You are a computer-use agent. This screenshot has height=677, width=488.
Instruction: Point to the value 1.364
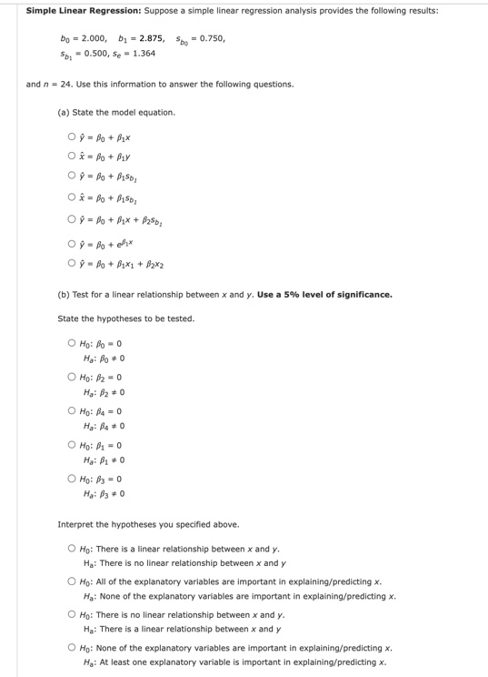[x=143, y=53]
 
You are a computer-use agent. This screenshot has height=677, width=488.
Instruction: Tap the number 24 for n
[x=66, y=84]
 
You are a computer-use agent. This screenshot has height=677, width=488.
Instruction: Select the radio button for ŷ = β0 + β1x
[x=71, y=138]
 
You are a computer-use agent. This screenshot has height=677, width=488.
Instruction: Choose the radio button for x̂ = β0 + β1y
[x=71, y=157]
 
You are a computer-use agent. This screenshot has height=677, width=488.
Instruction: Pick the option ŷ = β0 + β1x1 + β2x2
[x=71, y=264]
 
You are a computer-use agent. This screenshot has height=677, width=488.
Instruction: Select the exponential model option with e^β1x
[x=71, y=244]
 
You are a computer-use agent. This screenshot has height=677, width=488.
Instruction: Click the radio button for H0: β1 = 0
[x=71, y=446]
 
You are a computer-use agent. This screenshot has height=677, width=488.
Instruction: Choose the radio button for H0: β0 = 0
[x=71, y=343]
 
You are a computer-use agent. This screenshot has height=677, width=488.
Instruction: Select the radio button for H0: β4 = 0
[x=71, y=411]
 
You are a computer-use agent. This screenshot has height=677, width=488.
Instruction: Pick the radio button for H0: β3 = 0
[x=71, y=480]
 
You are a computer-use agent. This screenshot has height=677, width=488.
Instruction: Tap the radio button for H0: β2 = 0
[x=71, y=378]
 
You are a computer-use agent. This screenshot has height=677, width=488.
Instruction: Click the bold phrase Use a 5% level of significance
[x=325, y=295]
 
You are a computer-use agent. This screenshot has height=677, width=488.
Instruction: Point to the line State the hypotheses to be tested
[x=125, y=318]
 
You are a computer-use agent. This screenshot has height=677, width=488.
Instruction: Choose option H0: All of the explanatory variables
[x=71, y=581]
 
